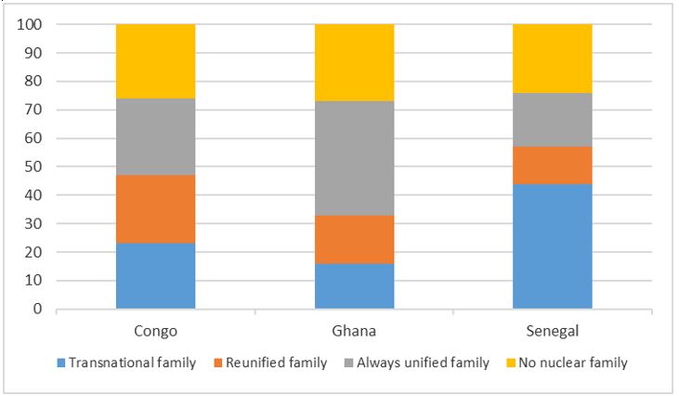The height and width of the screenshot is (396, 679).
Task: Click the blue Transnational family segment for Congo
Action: tap(155, 275)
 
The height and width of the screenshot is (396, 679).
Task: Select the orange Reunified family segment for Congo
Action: tap(155, 209)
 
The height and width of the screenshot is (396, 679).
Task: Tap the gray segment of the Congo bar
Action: tap(155, 137)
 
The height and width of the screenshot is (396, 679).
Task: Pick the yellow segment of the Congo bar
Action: tap(155, 61)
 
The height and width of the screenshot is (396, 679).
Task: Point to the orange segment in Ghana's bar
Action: tap(354, 239)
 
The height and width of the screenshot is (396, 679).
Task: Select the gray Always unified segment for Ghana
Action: tap(354, 158)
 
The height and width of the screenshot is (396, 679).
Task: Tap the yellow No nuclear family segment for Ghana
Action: tap(354, 62)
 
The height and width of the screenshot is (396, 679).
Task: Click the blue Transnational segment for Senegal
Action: tap(553, 245)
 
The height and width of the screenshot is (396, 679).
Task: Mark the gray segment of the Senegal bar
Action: tap(553, 120)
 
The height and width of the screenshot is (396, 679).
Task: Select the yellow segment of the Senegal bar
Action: tap(553, 59)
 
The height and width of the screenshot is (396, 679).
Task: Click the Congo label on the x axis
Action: tap(155, 330)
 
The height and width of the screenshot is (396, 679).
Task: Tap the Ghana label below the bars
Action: tap(354, 330)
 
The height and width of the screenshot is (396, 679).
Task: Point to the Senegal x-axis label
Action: tap(553, 330)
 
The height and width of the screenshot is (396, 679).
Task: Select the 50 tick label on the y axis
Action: tap(34, 166)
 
